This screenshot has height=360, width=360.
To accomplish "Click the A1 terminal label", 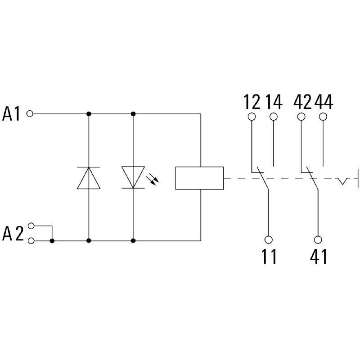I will click(x=12, y=114).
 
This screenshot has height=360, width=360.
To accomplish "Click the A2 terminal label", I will click(x=13, y=234).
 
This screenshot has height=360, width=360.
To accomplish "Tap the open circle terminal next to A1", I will click(x=30, y=114).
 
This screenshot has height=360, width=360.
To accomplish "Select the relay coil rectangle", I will click(x=199, y=178).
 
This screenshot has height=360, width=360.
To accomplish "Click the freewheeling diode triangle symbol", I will click(x=89, y=177).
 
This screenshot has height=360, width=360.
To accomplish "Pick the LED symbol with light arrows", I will click(x=134, y=177).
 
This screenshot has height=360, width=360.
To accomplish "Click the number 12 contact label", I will click(x=252, y=102).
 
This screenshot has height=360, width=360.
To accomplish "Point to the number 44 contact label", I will click(x=323, y=102).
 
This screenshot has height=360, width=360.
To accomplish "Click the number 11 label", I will click(x=269, y=256).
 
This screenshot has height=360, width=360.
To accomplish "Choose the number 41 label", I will click(x=318, y=256).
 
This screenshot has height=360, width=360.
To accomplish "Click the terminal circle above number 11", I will click(x=269, y=239).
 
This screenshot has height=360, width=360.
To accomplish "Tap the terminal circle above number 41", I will click(x=318, y=239).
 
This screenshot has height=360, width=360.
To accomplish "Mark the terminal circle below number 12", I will click(x=252, y=117).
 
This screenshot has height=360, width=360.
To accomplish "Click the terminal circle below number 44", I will click(x=323, y=117).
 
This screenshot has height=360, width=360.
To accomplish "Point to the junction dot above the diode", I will click(x=89, y=114).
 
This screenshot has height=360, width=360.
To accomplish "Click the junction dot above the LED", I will click(x=133, y=114).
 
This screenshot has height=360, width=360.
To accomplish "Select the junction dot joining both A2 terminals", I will click(x=52, y=241).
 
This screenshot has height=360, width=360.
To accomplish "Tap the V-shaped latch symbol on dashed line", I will click(x=344, y=181).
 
